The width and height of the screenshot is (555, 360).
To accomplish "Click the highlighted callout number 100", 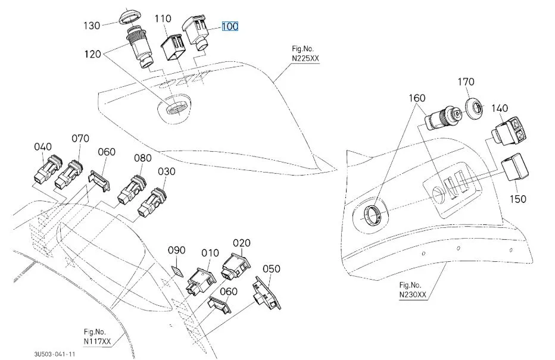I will [x=230, y=27].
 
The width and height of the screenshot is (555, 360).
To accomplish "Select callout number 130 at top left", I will [x=92, y=26].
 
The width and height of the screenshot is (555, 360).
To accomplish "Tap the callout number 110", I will [x=163, y=19].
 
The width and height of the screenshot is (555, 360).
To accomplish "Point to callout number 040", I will [x=43, y=147].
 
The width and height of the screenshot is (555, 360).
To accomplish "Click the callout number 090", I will [x=177, y=250].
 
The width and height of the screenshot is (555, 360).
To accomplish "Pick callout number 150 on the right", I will [x=518, y=198].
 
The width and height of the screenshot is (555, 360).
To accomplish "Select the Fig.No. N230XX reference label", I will [x=413, y=290].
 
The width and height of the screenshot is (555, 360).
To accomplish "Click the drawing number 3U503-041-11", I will [x=54, y=353].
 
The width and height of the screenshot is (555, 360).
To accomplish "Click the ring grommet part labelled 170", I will [x=475, y=108].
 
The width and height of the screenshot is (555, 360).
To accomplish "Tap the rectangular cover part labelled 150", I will [x=515, y=167].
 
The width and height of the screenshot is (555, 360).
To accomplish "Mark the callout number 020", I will [x=242, y=243].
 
